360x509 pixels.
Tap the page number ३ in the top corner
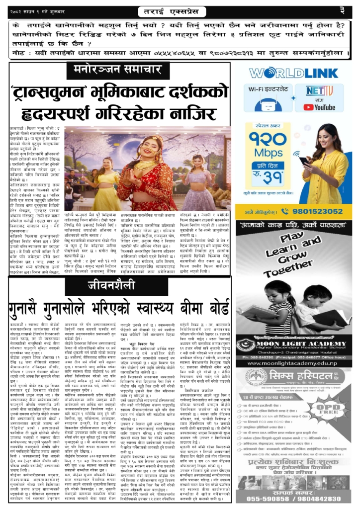(342, 9)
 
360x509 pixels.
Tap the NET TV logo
(312, 91)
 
